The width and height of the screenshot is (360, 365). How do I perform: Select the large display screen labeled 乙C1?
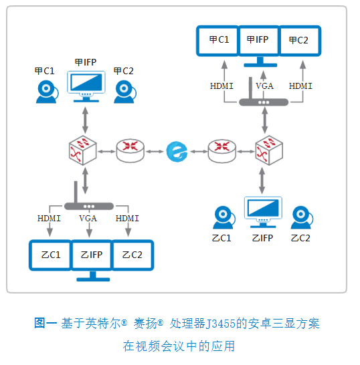51,255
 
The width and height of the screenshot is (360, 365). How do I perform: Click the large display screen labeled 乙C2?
132,255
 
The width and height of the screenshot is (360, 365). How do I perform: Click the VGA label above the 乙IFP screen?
88,219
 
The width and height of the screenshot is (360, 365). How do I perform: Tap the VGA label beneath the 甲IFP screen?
265,86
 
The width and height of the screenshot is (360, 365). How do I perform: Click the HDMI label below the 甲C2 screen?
300,86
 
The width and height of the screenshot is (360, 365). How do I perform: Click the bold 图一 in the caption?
46,324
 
